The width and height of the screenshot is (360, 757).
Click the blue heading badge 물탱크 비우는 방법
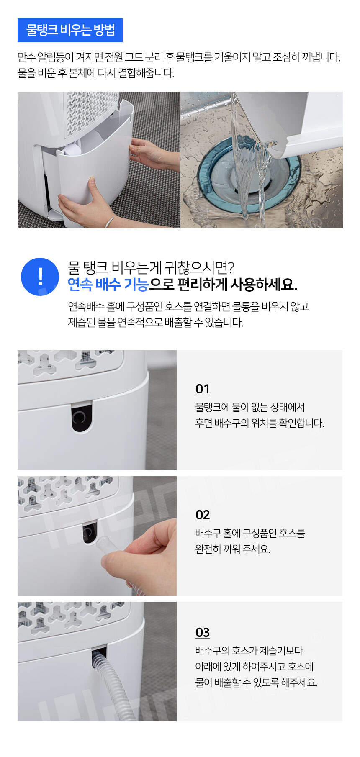[x=70, y=30]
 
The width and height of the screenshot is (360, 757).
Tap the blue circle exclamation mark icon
[x=40, y=277]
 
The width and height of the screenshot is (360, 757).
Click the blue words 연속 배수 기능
[x=108, y=285]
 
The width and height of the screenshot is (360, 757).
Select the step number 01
[x=203, y=389]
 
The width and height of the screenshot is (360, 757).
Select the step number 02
[x=203, y=515]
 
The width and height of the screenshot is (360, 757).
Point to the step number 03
[x=203, y=632]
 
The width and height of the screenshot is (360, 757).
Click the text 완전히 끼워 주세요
[x=233, y=549]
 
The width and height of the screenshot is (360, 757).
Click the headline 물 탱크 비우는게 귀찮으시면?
[x=151, y=267]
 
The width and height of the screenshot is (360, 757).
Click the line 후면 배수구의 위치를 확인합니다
[x=260, y=423]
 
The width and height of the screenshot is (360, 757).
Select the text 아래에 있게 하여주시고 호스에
[x=255, y=666]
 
